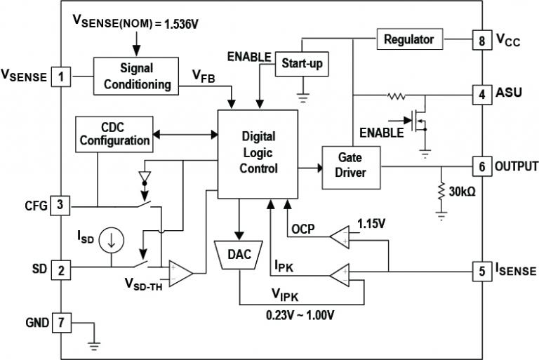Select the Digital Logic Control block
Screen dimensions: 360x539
click(258, 152)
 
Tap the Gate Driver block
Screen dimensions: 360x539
click(351, 167)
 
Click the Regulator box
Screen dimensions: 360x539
click(409, 40)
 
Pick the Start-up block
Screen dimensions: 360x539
click(302, 64)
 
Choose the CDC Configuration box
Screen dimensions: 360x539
click(114, 133)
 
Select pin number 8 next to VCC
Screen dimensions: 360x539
click(481, 41)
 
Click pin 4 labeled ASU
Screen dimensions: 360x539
click(481, 93)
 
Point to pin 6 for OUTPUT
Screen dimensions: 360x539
click(481, 167)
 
